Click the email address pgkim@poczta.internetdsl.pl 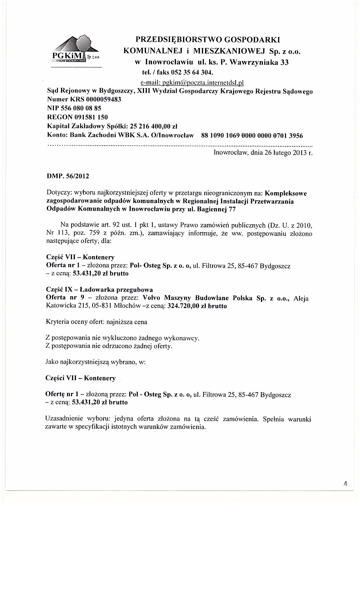click(x=192, y=83)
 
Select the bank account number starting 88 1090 click(x=252, y=136)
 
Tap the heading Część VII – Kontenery click(x=80, y=257)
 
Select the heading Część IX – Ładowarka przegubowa click(x=99, y=290)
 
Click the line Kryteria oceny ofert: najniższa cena click(x=96, y=322)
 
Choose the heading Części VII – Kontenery click(x=80, y=378)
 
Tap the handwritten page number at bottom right click(x=345, y=484)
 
